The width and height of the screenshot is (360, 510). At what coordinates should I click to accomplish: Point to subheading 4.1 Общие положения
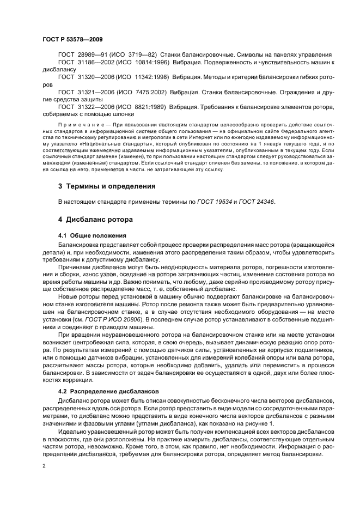pos(92,235)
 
